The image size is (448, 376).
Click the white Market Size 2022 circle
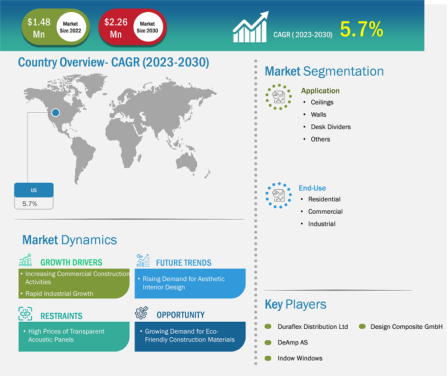[x=70, y=27]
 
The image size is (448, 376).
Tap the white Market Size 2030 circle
[x=148, y=27]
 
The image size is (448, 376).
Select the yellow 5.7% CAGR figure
[x=361, y=29]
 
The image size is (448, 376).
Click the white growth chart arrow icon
[x=250, y=27]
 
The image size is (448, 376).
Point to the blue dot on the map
[x=56, y=112]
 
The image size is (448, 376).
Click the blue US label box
[x=33, y=190]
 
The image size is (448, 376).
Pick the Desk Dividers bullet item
[x=330, y=127]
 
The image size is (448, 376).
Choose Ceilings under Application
[x=322, y=102]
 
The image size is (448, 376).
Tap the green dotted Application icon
[x=278, y=97]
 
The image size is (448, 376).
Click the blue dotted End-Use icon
[x=278, y=195]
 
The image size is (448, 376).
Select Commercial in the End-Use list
[x=325, y=211]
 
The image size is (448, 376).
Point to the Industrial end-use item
[x=322, y=224]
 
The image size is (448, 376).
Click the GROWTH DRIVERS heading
[x=71, y=263]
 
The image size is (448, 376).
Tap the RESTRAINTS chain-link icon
[x=25, y=314]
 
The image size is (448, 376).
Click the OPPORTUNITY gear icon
[x=142, y=313]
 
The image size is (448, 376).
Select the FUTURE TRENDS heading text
[x=184, y=263]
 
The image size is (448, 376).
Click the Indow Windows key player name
[x=300, y=358]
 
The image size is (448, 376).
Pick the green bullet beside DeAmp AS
[x=268, y=343]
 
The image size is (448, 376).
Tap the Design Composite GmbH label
[x=406, y=326]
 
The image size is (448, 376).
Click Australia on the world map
[x=186, y=162]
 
